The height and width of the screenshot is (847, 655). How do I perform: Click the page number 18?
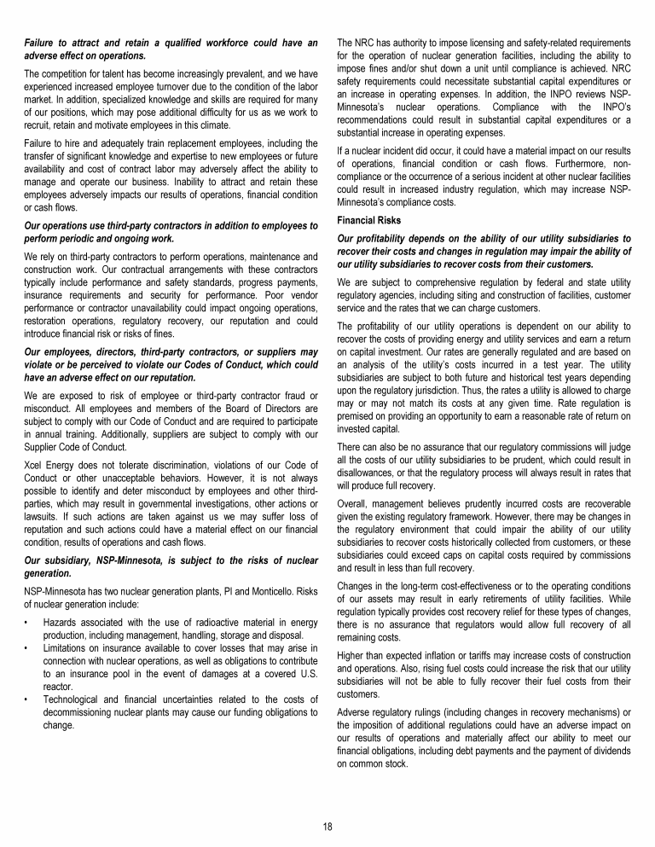[x=327, y=826]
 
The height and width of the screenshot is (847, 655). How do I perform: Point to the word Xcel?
[x=35, y=463]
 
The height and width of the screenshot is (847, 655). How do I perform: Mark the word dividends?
[x=608, y=751]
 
